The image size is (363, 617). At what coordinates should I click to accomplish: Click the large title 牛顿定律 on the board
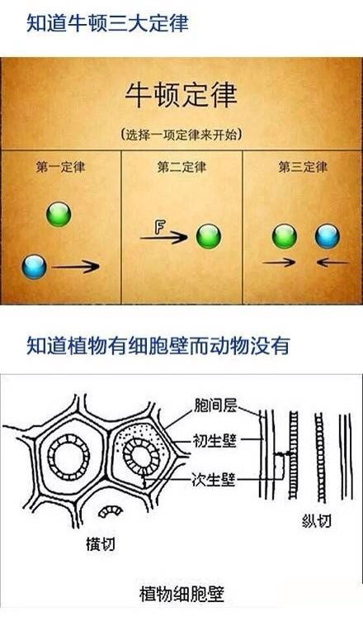pos(181,95)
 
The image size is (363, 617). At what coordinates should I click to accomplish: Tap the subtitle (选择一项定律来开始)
pos(181,135)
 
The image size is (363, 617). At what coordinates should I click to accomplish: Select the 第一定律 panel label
pos(60,167)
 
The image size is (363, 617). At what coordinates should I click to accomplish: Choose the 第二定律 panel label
pos(181,167)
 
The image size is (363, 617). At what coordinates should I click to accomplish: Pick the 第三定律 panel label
pos(303,167)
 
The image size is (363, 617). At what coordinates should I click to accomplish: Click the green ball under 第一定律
pos(59,214)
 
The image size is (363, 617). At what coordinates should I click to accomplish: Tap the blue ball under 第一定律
pos(34,267)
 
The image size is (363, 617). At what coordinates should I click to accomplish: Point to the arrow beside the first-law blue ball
pos(75,267)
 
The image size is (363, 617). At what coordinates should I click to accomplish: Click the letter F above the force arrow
pos(160,227)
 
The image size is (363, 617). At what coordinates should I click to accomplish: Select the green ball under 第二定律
pos(209,236)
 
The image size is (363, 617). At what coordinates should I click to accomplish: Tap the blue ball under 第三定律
pos(328,236)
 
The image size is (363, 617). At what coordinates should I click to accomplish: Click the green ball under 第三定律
pos(285,236)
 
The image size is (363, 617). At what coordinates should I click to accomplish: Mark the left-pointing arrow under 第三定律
pos(333,262)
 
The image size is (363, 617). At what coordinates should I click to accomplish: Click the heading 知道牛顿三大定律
pos(107,22)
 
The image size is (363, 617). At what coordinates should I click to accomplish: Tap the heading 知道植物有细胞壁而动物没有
pos(158,345)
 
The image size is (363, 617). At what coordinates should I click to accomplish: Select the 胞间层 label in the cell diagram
pos(215,406)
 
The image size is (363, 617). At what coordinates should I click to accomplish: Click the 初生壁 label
pos(214,441)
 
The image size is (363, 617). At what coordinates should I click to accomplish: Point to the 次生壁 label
pos(214,479)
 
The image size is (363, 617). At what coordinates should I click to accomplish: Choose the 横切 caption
pos(101,543)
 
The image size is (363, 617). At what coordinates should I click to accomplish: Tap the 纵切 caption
pos(317,521)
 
